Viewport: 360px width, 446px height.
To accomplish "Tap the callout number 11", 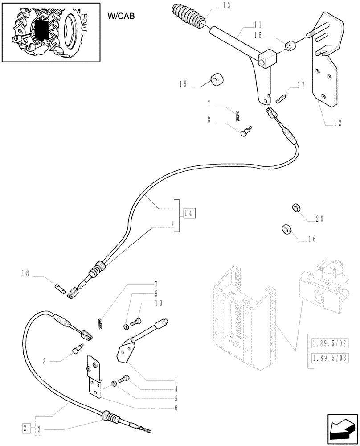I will coord(245,24).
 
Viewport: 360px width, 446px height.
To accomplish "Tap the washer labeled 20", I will coord(295,208).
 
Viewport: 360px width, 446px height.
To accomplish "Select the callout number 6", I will coord(176,407).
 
